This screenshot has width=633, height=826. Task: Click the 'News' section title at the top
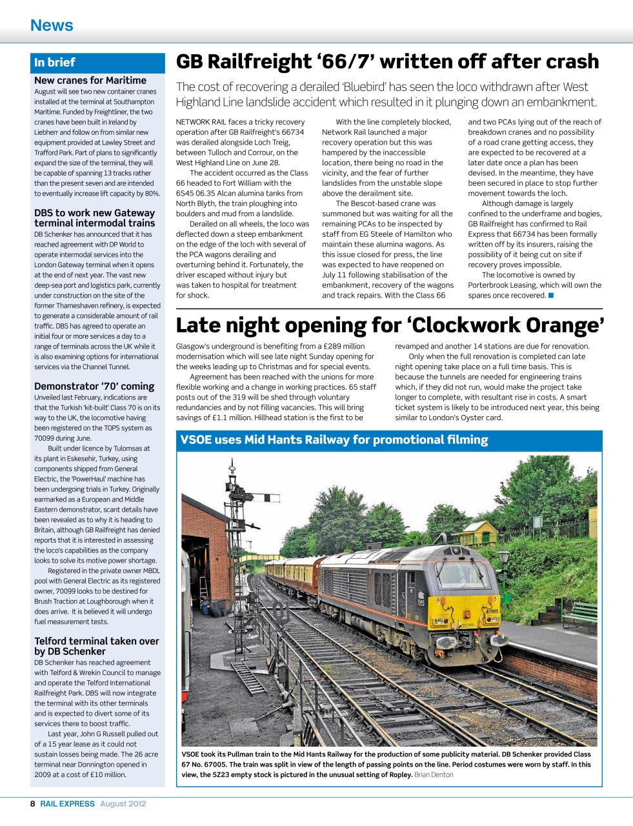(x=52, y=25)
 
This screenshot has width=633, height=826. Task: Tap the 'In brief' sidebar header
(x=55, y=63)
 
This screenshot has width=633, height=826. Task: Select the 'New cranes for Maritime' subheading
(x=90, y=81)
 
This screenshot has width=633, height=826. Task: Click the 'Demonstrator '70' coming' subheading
(x=94, y=387)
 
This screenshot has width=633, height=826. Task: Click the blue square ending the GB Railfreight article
(x=551, y=296)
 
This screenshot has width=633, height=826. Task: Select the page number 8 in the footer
(x=33, y=804)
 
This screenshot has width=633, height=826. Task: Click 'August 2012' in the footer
(x=123, y=804)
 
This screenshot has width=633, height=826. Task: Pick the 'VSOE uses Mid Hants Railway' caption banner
(x=334, y=440)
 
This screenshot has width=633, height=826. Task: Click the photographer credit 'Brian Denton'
(x=434, y=775)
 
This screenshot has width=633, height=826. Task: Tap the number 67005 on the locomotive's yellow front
(x=491, y=610)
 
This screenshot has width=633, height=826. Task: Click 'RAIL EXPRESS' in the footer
(x=68, y=804)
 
